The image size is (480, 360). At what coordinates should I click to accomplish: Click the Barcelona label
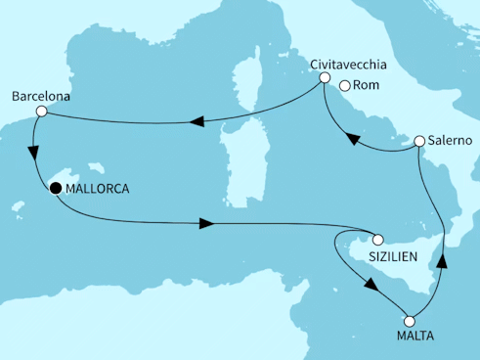pos(40,97)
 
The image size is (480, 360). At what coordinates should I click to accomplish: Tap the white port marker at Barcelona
pos(41,112)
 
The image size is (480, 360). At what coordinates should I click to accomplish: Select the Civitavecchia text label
pos(349,66)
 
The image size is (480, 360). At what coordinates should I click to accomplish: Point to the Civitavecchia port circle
pos(323,85)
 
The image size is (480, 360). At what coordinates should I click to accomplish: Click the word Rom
pos(365,86)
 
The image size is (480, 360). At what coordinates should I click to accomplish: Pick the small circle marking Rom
pos(343,86)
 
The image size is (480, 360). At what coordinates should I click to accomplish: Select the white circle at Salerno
pos(419,142)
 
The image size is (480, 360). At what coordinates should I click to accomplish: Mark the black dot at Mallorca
pos(56,189)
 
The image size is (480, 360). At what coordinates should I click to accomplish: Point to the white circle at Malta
pos(409,320)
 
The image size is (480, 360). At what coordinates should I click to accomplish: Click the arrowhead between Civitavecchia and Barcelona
pos(196,122)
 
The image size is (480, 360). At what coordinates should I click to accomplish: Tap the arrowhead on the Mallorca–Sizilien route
pos(206,224)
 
